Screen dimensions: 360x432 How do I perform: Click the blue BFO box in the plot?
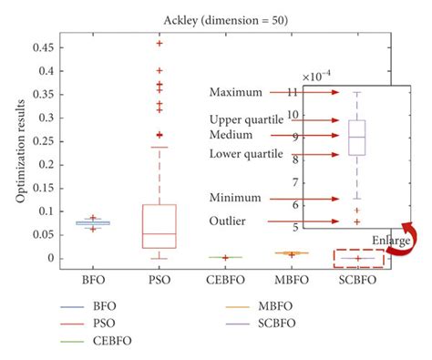click(95, 222)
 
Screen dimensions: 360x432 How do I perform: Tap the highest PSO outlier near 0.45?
click(160, 44)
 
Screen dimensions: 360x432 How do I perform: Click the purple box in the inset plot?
click(357, 138)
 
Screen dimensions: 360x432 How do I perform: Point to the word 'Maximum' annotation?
click(235, 93)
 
